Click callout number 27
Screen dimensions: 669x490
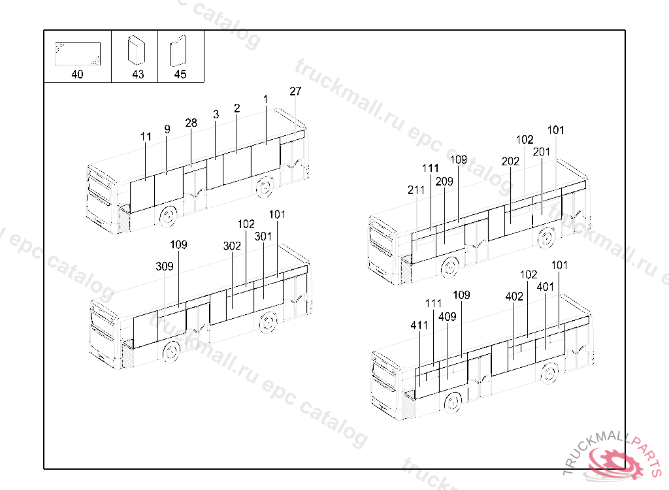point(295,91)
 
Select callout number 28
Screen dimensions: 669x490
point(191,123)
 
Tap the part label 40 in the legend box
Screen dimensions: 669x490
point(77,74)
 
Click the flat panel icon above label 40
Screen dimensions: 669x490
point(78,54)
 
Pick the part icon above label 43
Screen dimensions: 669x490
point(137,50)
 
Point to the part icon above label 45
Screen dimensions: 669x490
point(178,51)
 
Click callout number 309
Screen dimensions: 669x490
point(165,267)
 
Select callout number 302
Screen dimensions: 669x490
point(232,246)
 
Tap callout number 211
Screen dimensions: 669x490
point(416,190)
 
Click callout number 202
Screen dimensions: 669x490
point(510,161)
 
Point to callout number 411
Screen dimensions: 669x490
point(419,325)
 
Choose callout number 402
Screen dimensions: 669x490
point(514,297)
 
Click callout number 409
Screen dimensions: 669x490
point(447,317)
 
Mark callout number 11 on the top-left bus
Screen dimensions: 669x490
point(146,137)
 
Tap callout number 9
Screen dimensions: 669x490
point(167,129)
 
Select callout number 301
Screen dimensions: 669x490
point(263,237)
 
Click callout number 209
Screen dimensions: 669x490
point(444,182)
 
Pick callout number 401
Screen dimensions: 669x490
point(546,287)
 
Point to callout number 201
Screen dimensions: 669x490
point(542,152)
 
